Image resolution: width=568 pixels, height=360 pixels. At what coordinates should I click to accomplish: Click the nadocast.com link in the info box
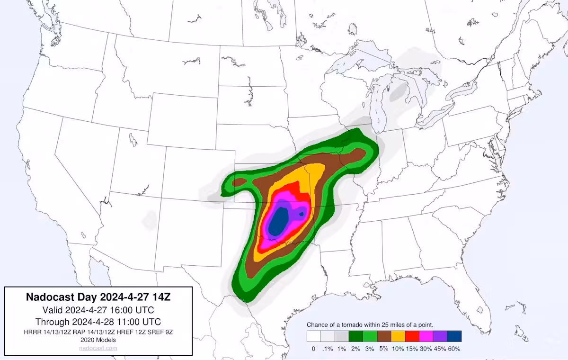click(98, 348)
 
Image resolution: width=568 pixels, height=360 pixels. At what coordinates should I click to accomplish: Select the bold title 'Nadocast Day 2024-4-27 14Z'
click(98, 297)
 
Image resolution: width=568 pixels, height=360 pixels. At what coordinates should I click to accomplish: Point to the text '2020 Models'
click(98, 340)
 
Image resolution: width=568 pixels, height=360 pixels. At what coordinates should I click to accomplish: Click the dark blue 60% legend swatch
click(454, 336)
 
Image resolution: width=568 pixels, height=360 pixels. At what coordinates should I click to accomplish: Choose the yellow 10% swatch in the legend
click(398, 336)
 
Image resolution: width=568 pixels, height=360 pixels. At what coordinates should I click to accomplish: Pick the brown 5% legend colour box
click(384, 336)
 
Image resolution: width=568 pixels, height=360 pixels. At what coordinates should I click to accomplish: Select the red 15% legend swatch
click(412, 336)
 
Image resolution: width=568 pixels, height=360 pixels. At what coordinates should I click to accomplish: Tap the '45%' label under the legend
click(440, 349)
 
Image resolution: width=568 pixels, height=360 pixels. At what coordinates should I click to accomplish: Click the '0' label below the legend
click(313, 349)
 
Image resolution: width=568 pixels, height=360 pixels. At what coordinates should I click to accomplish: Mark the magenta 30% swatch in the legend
click(426, 336)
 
